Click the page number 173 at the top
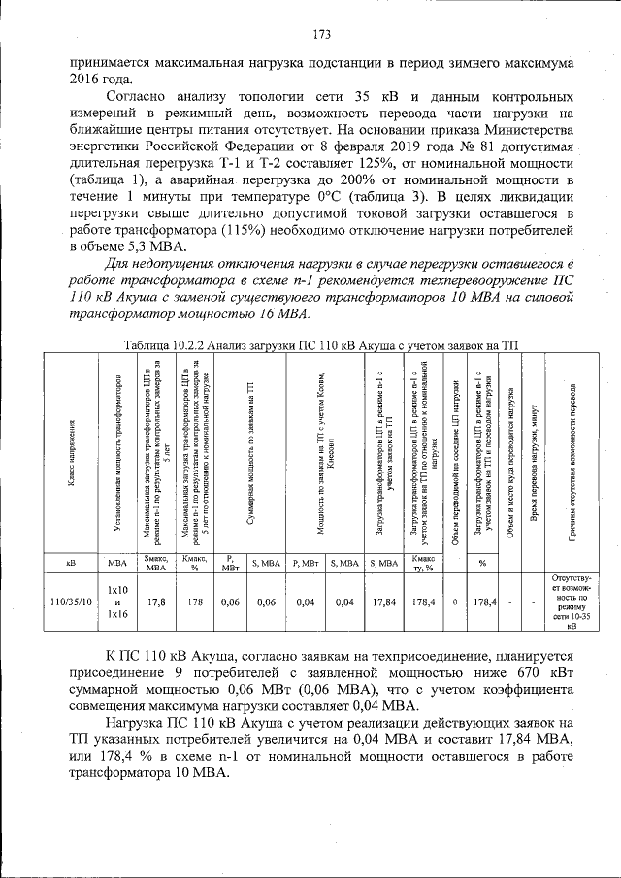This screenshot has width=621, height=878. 322,36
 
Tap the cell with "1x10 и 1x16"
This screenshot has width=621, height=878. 117,602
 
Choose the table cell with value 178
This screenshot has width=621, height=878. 195,602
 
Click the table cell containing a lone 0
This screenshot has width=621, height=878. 455,602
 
